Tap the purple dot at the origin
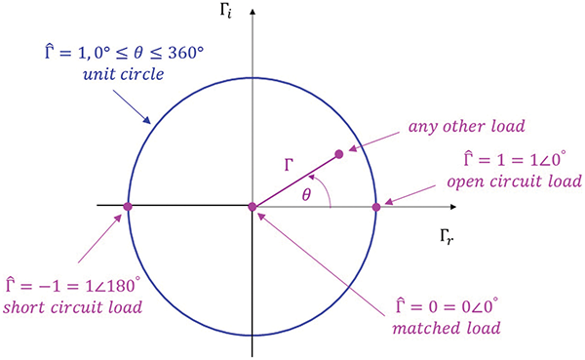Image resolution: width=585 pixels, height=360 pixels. click(x=253, y=206)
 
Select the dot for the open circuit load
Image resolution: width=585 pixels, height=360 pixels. click(x=376, y=206)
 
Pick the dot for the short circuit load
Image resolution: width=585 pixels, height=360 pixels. click(x=129, y=206)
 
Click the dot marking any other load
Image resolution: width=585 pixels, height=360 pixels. click(x=339, y=153)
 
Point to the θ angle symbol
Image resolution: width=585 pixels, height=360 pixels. click(x=307, y=195)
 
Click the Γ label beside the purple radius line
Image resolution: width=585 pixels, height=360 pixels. click(x=289, y=165)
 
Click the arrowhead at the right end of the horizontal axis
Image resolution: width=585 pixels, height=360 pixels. click(x=454, y=206)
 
